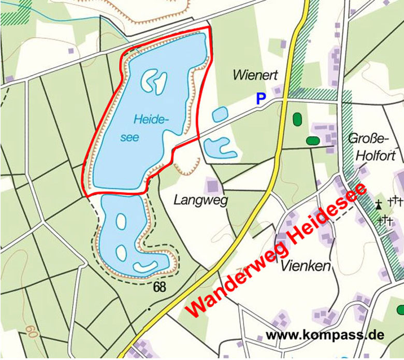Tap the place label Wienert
point(252,75)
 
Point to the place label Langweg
point(201,200)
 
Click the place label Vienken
point(306,266)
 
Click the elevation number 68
point(160,286)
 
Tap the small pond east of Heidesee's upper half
point(220,113)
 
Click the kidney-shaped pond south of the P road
point(219,148)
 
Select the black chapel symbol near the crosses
point(379,204)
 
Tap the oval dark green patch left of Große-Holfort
point(313,140)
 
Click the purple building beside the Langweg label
point(212,186)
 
